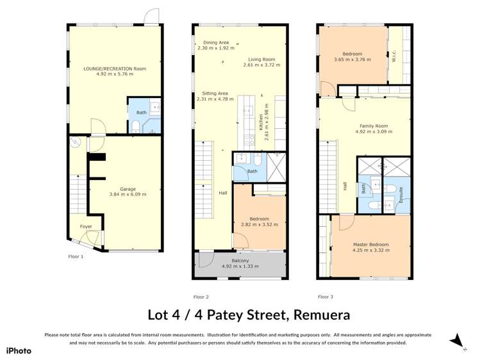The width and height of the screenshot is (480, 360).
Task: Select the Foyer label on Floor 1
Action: coord(85,227)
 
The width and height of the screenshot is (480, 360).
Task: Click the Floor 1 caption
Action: coord(76,256)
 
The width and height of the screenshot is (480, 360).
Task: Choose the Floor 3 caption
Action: coord(325,297)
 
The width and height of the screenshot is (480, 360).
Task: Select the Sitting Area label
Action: coord(212,93)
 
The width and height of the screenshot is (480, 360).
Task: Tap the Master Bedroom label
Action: coord(370,244)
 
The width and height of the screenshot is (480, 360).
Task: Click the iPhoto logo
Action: coord(19,350)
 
